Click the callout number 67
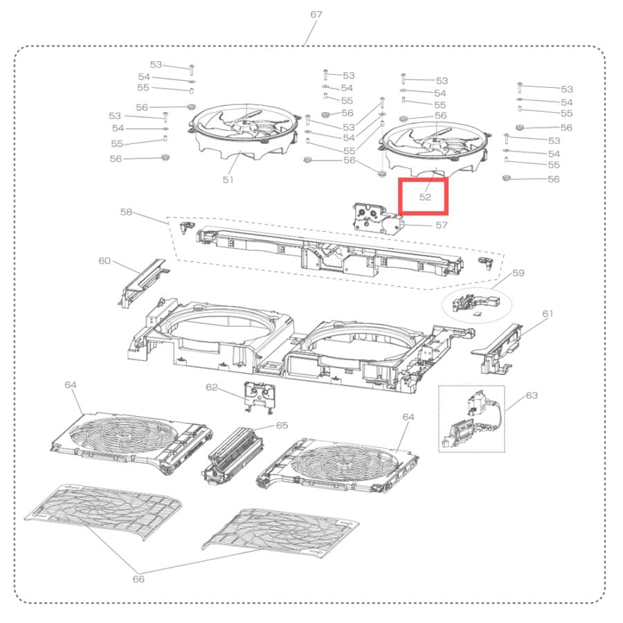316,15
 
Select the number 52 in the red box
425,197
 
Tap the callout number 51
228,179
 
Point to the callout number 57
442,225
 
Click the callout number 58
126,212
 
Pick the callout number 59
518,273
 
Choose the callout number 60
105,261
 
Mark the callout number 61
548,314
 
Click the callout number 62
212,387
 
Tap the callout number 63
532,395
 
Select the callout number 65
282,426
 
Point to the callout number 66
138,579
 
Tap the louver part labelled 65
233,455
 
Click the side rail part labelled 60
142,282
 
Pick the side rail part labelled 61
496,348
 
